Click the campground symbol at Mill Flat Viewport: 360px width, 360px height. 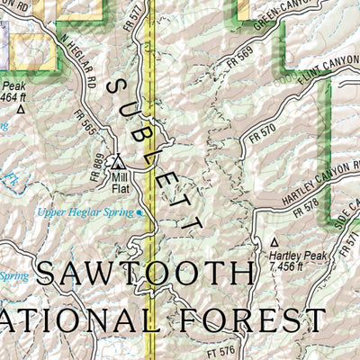(119, 162)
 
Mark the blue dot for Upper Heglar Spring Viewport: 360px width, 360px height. (139, 212)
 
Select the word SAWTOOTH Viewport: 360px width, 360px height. (144, 274)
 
